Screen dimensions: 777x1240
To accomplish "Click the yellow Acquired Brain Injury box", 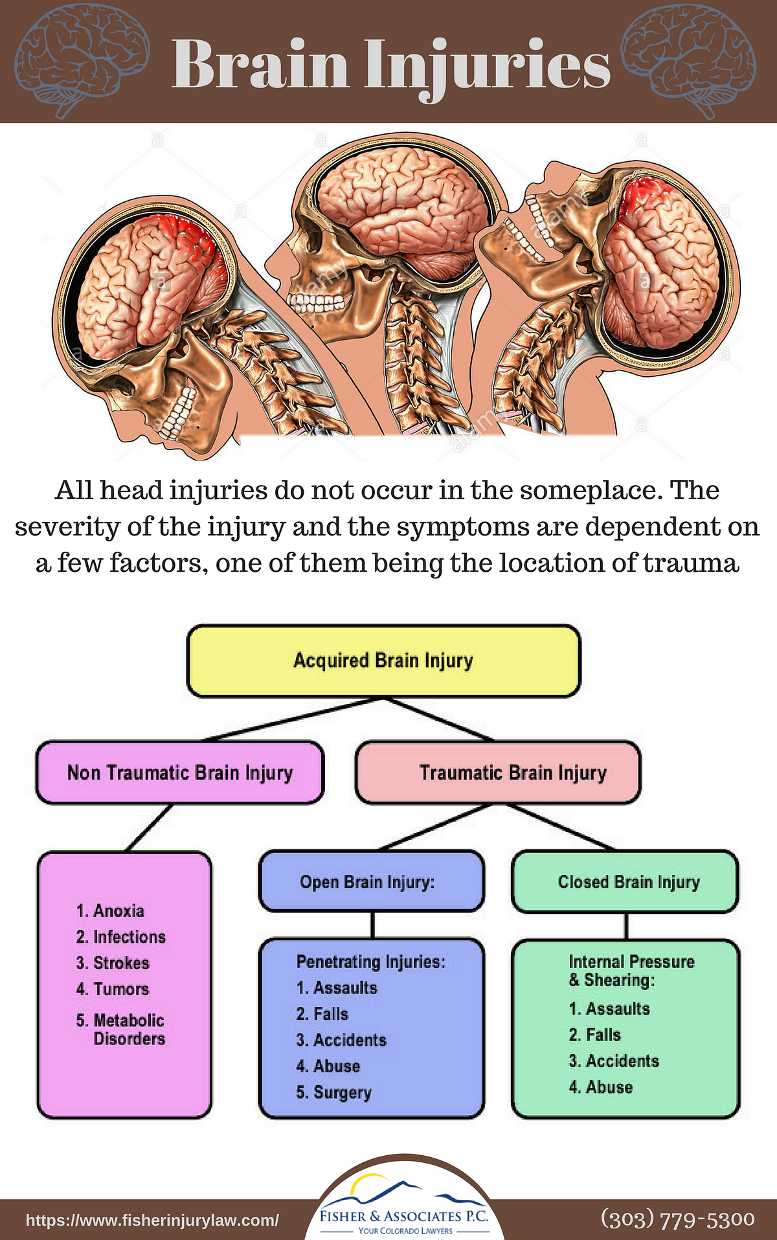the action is click(x=383, y=661).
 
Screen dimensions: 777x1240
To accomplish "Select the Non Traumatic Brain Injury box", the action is click(x=179, y=772).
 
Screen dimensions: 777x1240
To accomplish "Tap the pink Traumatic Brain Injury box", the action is click(x=498, y=772).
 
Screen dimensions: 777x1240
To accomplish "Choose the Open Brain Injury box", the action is click(x=371, y=882).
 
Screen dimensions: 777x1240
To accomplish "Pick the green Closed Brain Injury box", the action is click(x=625, y=882).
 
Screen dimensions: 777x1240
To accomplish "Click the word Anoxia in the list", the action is click(x=118, y=911).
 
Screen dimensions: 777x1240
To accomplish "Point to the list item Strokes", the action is click(x=121, y=963).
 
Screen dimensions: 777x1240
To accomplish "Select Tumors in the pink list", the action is click(x=121, y=989).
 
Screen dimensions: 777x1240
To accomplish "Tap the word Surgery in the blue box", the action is click(x=343, y=1093).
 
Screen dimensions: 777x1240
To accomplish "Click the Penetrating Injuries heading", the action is click(x=371, y=962).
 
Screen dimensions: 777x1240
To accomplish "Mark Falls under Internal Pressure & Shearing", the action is click(x=603, y=1035).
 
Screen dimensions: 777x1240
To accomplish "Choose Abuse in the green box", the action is click(x=609, y=1088).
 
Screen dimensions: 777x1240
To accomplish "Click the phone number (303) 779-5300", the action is click(x=678, y=1219).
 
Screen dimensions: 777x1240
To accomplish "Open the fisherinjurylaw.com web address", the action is click(x=153, y=1221).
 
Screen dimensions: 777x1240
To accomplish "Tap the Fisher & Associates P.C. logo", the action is click(x=404, y=1208).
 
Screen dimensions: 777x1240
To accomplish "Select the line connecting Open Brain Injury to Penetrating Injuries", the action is click(x=372, y=925).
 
